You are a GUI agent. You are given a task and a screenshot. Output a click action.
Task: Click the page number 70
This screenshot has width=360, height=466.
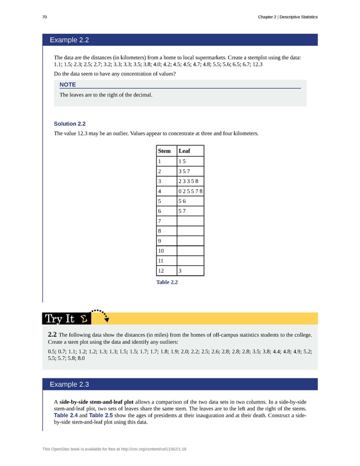[45, 17]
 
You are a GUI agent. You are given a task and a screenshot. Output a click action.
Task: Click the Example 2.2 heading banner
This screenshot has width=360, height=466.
[180, 40]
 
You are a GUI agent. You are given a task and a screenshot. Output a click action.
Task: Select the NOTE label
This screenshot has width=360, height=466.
[67, 85]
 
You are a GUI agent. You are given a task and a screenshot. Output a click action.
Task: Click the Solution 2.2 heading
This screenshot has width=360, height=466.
[70, 124]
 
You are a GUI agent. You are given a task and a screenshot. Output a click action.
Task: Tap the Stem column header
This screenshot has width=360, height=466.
[165, 151]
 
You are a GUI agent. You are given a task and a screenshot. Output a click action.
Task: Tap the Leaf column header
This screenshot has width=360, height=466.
[185, 151]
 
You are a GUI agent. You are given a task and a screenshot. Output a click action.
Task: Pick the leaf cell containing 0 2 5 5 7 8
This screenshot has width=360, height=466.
[190, 191]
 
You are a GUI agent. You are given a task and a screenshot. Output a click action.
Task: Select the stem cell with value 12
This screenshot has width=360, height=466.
[161, 270]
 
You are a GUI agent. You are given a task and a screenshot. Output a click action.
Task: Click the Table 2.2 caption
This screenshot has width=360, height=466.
[167, 282]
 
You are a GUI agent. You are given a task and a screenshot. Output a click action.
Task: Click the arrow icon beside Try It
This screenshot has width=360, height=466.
[102, 315]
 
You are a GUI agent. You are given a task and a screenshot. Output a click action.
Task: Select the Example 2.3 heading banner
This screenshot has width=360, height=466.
[180, 384]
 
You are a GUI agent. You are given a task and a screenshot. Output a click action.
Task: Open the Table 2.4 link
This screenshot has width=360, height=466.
[66, 416]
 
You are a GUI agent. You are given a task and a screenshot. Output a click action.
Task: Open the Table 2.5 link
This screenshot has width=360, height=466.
[101, 416]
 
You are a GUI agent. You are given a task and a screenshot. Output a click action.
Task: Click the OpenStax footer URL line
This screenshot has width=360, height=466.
[114, 449]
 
